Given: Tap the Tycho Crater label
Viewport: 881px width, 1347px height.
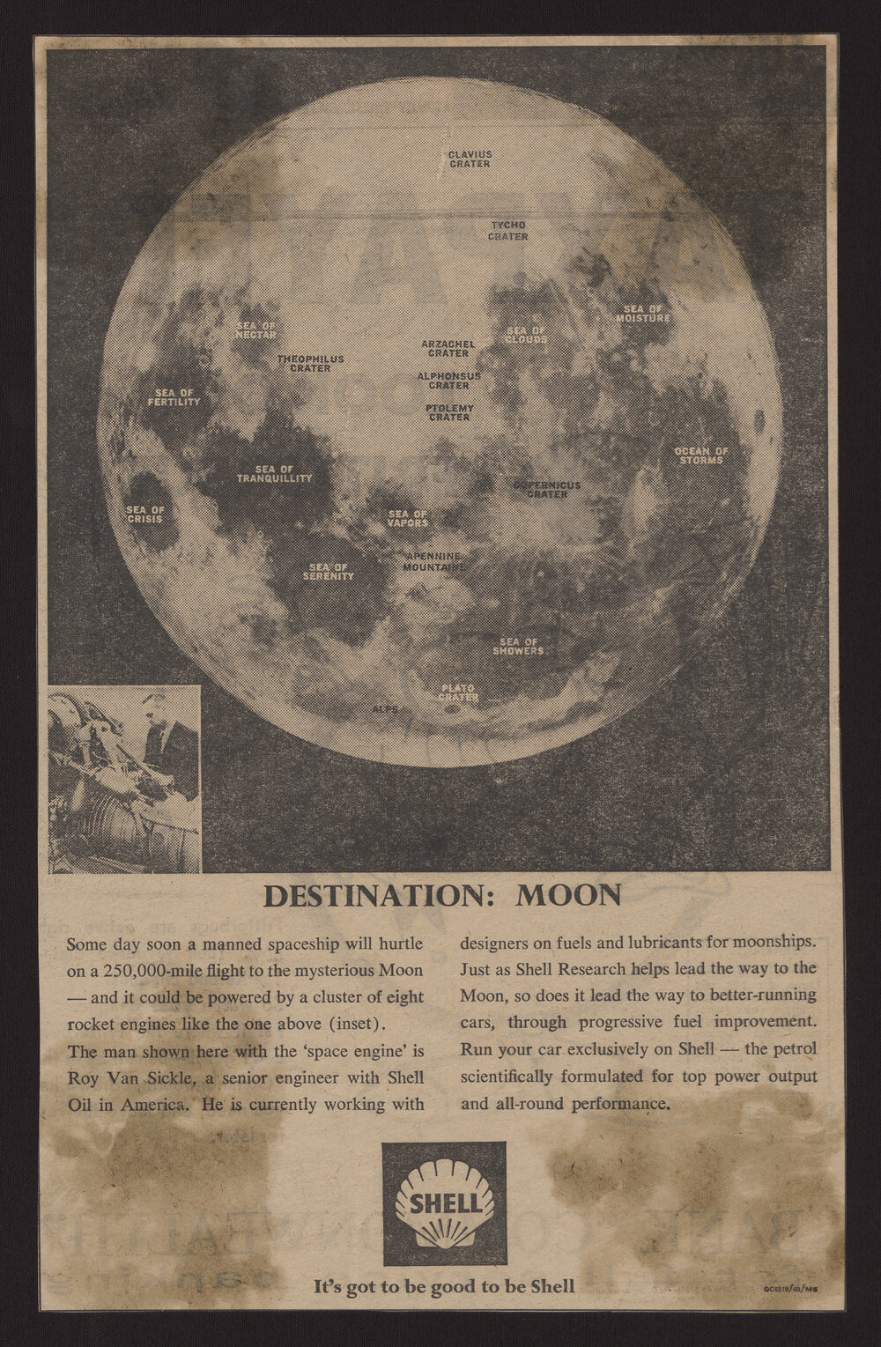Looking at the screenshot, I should pos(508,231).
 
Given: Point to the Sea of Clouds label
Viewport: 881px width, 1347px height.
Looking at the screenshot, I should pos(527,334).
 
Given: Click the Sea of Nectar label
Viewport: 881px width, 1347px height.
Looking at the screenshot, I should pos(256,330).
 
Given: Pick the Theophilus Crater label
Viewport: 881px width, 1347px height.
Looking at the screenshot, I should pos(310,363).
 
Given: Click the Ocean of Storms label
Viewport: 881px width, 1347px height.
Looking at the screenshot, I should pos(701,455).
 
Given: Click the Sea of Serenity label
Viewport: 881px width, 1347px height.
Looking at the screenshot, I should pos(330,571).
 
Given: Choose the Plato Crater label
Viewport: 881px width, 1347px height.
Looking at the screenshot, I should pos(458,692).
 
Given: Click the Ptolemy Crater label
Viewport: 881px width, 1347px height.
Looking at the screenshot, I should pos(449,412).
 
